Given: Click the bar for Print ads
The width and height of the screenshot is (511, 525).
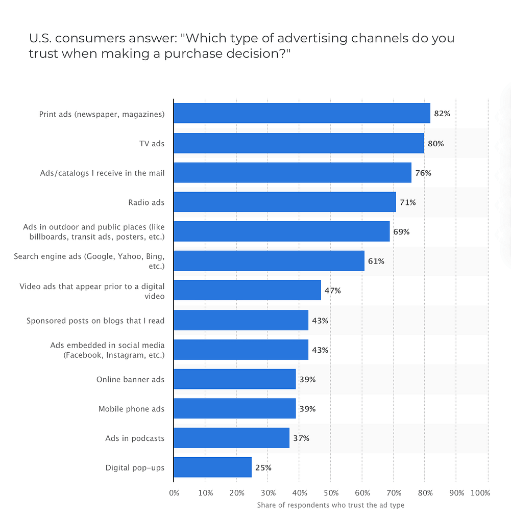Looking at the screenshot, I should pos(302,113).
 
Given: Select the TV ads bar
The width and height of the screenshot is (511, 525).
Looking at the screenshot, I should pos(299,143).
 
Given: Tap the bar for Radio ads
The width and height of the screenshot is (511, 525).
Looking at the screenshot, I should pos(284,202).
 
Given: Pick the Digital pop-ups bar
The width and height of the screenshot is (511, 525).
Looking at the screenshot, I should pos(212,467).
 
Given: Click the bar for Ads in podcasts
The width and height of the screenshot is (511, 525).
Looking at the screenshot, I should pos(231,438).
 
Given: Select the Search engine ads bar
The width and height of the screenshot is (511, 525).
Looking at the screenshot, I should pos(269,261).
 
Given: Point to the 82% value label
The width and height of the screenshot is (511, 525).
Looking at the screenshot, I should pos(442,114).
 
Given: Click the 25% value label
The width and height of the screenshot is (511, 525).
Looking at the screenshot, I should pos(263,467).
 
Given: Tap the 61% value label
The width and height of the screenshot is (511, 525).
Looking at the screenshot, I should pos(376,261).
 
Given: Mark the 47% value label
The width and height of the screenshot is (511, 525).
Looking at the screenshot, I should pos(332,291).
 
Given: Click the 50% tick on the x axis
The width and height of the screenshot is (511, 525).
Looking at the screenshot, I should pos(331,493).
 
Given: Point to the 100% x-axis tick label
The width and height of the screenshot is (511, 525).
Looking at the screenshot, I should pos(480,493).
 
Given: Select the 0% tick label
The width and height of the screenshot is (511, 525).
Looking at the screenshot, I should pos(174,493).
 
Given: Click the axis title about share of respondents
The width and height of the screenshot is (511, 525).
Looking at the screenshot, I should pos(330,505).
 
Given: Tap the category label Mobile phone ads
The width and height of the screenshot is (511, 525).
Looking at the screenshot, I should pos(131,409).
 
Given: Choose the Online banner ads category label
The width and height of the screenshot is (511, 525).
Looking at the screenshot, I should pos(130,379).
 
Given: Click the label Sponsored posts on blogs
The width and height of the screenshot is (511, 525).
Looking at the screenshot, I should pos(95,321).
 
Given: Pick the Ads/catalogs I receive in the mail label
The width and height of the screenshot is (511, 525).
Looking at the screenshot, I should pos(102,173).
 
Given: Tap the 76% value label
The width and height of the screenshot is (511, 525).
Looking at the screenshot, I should pos(423,173).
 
